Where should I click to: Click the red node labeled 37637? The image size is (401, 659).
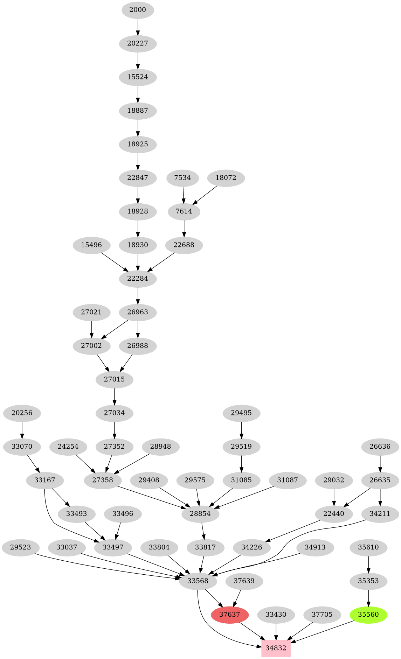[x=230, y=614]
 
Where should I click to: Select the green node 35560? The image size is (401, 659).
[x=368, y=614]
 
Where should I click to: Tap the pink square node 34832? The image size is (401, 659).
[x=276, y=648]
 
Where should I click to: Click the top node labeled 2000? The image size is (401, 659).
[x=138, y=10]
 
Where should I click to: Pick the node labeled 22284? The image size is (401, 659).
[x=138, y=279]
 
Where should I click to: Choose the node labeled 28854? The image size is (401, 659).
[x=201, y=514]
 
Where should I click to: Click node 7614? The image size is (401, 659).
[x=184, y=211]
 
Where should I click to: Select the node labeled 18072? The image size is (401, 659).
[x=226, y=178]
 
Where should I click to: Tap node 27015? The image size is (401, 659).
[x=115, y=379]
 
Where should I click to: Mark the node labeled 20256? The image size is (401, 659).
[x=22, y=413]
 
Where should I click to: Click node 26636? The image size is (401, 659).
[x=380, y=447]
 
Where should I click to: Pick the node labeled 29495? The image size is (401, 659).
[x=242, y=413]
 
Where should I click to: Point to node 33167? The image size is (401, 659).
[x=45, y=480]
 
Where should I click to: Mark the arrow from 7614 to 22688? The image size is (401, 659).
[x=184, y=228]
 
